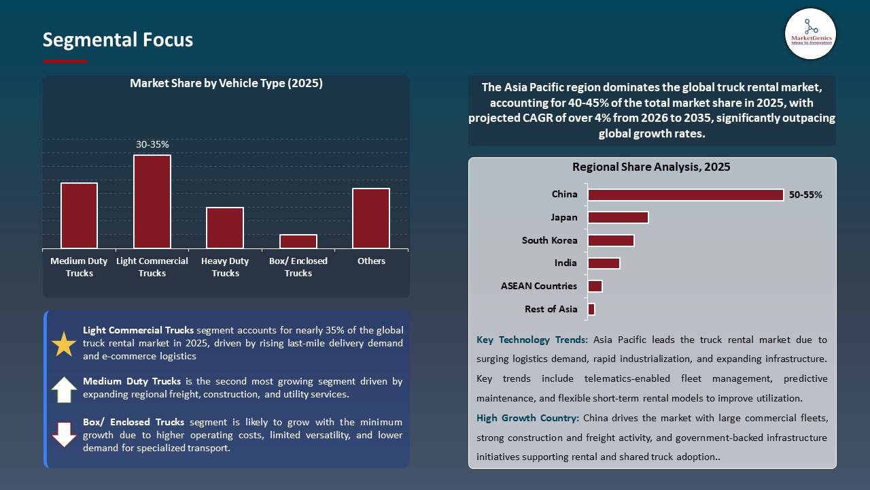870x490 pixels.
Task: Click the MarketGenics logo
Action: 810,33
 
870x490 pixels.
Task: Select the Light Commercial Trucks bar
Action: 152,201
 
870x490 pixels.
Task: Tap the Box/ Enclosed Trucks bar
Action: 298,242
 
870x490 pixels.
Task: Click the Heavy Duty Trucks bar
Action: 225,228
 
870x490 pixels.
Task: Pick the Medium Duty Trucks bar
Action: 79,216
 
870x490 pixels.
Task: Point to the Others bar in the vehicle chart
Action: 371,218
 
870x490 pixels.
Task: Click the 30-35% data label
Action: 152,144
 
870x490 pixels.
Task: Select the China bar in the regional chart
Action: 685,195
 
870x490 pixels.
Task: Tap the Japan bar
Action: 618,218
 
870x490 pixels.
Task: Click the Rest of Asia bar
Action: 591,310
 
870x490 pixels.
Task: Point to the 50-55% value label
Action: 805,195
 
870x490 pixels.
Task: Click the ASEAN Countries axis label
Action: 539,286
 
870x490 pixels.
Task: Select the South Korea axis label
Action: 549,240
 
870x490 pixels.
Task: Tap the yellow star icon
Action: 65,345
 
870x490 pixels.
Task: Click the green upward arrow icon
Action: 65,389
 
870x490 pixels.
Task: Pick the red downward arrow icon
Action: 65,434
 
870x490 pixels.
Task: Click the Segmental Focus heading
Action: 118,40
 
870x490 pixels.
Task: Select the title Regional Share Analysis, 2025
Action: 651,167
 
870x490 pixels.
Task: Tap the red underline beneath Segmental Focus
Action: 65,61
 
